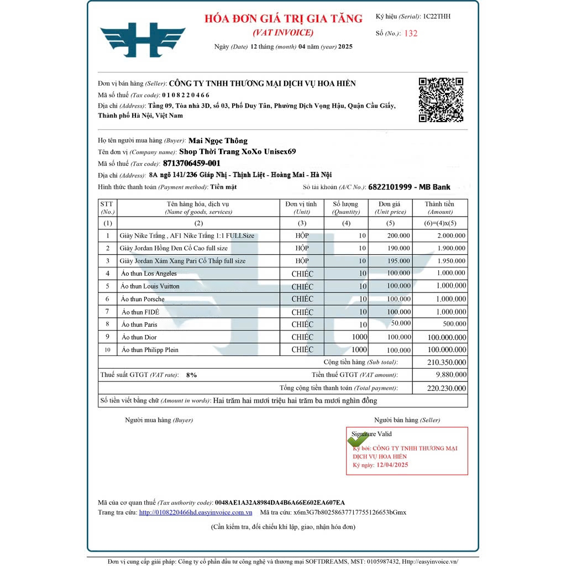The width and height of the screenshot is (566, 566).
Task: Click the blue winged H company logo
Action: (x=143, y=40)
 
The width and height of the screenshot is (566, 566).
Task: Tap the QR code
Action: (x=441, y=99)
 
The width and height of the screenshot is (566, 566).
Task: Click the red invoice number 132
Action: (x=411, y=33)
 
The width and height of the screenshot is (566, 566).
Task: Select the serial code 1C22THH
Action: (x=437, y=17)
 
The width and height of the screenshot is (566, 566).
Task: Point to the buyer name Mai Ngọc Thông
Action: (x=218, y=140)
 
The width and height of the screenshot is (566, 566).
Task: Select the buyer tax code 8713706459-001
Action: (x=192, y=163)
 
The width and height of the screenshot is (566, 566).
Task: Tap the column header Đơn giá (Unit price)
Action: (x=390, y=207)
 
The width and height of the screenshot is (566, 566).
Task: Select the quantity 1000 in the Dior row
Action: (x=359, y=337)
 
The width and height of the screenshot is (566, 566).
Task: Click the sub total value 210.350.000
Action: (x=446, y=363)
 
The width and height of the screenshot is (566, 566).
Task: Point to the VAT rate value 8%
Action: (x=191, y=375)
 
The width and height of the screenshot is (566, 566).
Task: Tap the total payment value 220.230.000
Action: (x=446, y=389)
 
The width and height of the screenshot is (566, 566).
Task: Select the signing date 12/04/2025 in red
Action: (x=392, y=465)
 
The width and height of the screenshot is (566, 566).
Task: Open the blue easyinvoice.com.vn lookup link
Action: (x=196, y=512)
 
